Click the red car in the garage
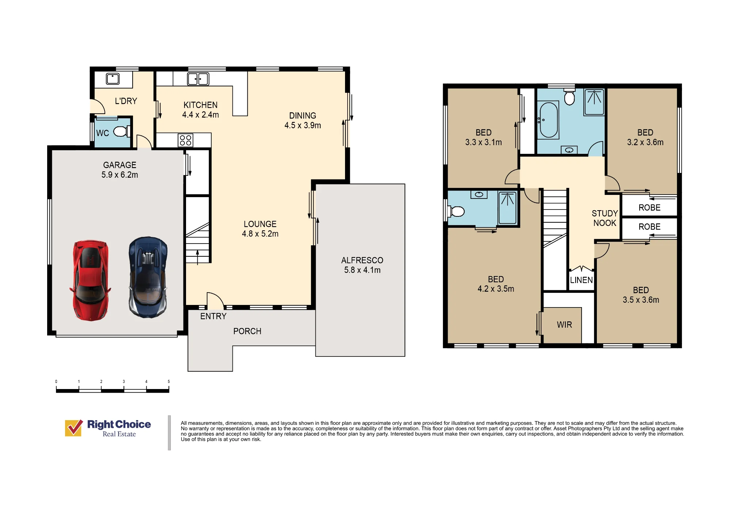click(90, 280)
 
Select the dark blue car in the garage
click(148, 277)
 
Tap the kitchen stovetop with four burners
click(186, 140)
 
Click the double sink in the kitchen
click(198, 79)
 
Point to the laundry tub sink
click(113, 79)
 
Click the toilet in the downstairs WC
click(122, 131)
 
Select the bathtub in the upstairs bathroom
click(549, 120)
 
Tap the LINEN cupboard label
click(582, 280)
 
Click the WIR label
click(564, 325)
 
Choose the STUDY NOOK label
click(605, 218)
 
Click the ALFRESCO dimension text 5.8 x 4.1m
click(362, 270)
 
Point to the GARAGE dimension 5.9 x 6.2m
click(120, 175)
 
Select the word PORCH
click(247, 331)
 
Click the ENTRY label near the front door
click(213, 316)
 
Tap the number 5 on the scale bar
click(169, 381)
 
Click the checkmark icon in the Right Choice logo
click(74, 428)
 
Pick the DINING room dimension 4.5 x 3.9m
click(303, 125)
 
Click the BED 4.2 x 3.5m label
click(496, 284)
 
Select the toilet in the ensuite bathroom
click(457, 211)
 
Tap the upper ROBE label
click(649, 208)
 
